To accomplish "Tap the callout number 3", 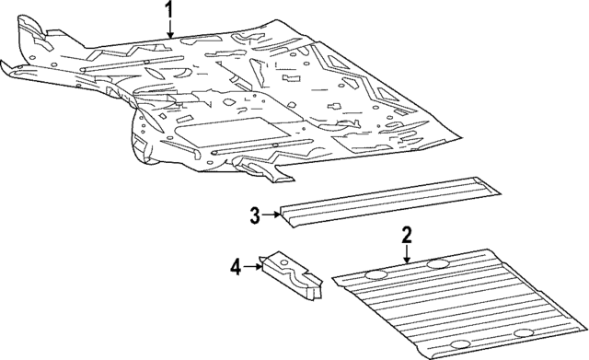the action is [x=255, y=216].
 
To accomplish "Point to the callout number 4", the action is [x=236, y=267].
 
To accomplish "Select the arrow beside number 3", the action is [x=271, y=216].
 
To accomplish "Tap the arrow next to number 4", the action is [x=252, y=267].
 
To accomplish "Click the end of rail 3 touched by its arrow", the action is [x=286, y=217].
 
